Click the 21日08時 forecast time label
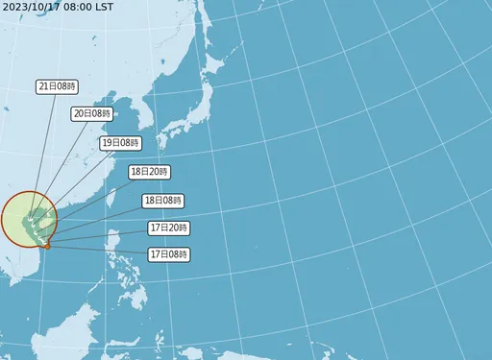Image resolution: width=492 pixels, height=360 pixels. pyautogui.click(x=57, y=86)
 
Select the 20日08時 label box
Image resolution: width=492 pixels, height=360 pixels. pyautogui.click(x=92, y=113)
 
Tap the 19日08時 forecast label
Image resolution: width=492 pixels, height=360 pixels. pyautogui.click(x=120, y=143)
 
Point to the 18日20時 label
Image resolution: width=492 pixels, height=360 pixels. pyautogui.click(x=149, y=172)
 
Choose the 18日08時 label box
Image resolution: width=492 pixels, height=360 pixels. pyautogui.click(x=162, y=201)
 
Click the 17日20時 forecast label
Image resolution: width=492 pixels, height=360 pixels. pyautogui.click(x=169, y=228)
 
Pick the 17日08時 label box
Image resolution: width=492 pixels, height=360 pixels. pyautogui.click(x=169, y=254)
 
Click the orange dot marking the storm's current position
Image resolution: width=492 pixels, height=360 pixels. pyautogui.click(x=48, y=247)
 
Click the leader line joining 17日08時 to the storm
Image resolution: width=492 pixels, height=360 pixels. pyautogui.click(x=96, y=251)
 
